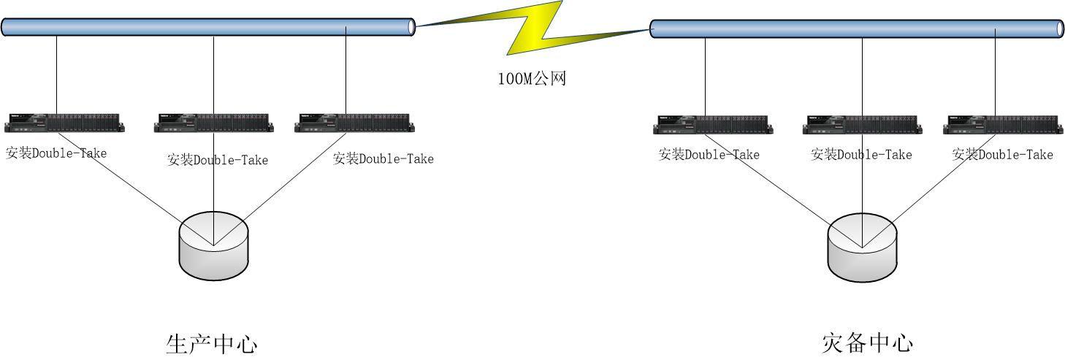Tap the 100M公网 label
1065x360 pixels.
coord(532,79)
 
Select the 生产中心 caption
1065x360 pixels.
coord(212,343)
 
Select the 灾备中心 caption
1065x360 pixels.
coord(868,342)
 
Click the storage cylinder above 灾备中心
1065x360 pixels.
coord(862,248)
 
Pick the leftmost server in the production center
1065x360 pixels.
coord(64,123)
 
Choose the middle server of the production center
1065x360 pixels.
coord(213,123)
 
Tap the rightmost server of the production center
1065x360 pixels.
coord(354,123)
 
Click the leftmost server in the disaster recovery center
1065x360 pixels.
coord(713,125)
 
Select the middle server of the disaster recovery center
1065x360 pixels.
coord(862,125)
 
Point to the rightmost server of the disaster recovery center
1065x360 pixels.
coord(1003,125)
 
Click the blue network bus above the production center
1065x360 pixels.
coord(208,27)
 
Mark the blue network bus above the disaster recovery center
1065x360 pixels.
coord(857,28)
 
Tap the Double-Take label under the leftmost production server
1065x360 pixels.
coord(56,153)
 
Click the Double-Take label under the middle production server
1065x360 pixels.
coord(218,160)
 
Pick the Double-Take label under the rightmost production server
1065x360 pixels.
coord(383,158)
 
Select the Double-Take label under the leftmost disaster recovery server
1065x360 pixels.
coord(709,155)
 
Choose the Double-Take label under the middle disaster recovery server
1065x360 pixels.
coord(861,155)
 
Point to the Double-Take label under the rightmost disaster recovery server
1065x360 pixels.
coord(1003,155)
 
